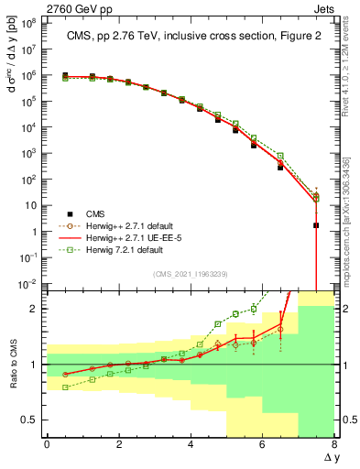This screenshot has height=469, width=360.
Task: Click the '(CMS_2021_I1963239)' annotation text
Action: click(190, 273)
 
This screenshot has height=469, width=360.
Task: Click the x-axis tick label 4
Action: click(191, 445)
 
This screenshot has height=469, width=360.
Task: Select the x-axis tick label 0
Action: click(47, 445)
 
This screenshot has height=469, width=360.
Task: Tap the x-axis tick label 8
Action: click(334, 445)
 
